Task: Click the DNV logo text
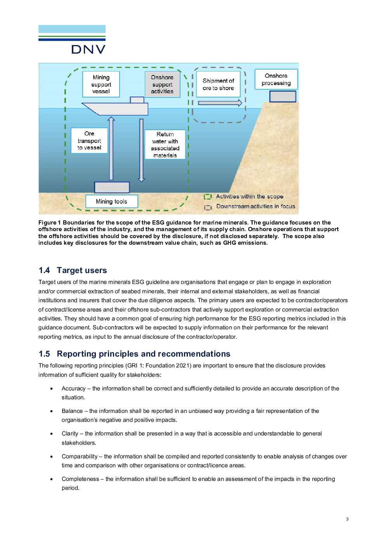click(x=88, y=49)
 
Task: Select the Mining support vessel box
click(x=101, y=84)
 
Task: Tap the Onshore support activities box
click(x=162, y=84)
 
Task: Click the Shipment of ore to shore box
click(x=218, y=84)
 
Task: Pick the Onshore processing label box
click(x=276, y=79)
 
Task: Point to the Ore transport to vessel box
click(x=89, y=140)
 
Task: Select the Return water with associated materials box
click(x=165, y=145)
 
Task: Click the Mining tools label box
click(x=111, y=201)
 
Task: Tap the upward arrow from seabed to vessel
click(x=111, y=148)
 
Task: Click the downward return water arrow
click(x=141, y=150)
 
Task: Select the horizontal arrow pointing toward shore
click(x=220, y=103)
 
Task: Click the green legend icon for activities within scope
click(x=208, y=197)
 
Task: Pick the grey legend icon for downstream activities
click(x=208, y=207)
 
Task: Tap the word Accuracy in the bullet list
click(x=73, y=388)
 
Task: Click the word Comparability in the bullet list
click(x=80, y=456)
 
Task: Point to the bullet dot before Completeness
click(x=52, y=479)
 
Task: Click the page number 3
click(x=347, y=519)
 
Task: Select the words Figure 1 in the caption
click(x=49, y=223)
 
